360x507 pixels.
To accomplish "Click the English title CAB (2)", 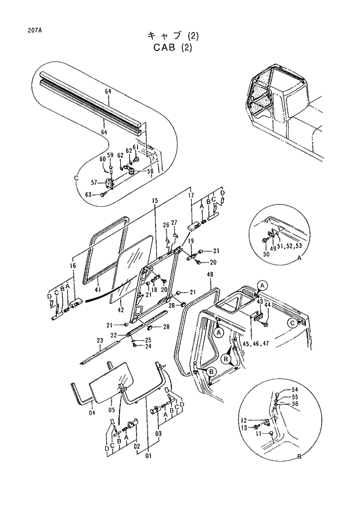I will pos(172,48).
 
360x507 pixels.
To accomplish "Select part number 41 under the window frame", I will pos(98,289).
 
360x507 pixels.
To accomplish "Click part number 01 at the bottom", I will pos(148,456).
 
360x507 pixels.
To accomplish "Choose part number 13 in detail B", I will pos(244,428).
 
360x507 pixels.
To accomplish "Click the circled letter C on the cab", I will pos(291,323).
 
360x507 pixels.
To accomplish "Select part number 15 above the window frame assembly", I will pos(155,201).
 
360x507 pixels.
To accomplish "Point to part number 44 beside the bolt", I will pos(268,305).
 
